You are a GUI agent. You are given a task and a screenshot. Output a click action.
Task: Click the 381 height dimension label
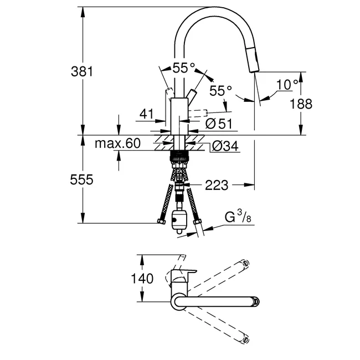(x=82, y=71)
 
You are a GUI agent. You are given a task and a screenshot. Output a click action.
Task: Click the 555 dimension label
(x=82, y=179)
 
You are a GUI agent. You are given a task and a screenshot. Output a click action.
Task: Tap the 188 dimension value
(x=301, y=104)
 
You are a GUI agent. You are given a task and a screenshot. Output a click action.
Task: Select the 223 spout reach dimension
(x=217, y=185)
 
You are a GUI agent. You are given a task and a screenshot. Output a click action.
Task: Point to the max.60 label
(x=117, y=143)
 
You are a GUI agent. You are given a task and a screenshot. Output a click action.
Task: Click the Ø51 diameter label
(x=219, y=124)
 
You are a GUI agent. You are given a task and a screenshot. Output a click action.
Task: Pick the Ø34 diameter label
(x=225, y=146)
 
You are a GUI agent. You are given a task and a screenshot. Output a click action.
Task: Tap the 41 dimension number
(x=146, y=114)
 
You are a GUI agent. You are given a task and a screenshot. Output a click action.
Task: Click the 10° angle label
(x=287, y=84)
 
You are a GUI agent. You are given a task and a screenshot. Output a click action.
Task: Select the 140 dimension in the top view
(x=142, y=279)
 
